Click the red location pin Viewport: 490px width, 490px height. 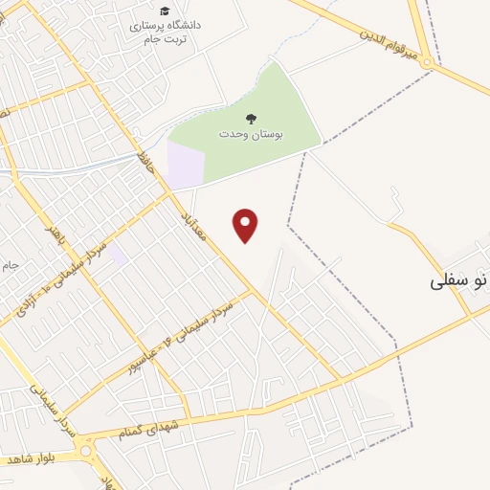point(246,225)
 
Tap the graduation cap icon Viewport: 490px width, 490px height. point(165,11)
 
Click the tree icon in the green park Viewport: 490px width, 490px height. point(251,119)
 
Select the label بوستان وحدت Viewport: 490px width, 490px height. point(251,134)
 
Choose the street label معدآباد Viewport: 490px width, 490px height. point(193,230)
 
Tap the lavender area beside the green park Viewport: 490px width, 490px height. point(186,164)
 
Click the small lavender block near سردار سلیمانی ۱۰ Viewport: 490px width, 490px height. point(117,255)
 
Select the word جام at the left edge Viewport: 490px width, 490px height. point(9,263)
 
